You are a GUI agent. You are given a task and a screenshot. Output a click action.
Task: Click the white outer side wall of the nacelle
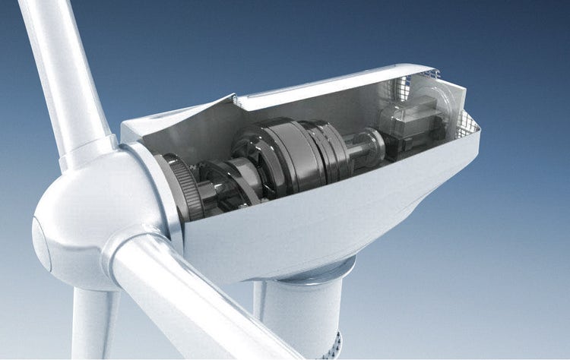point(319,220)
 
